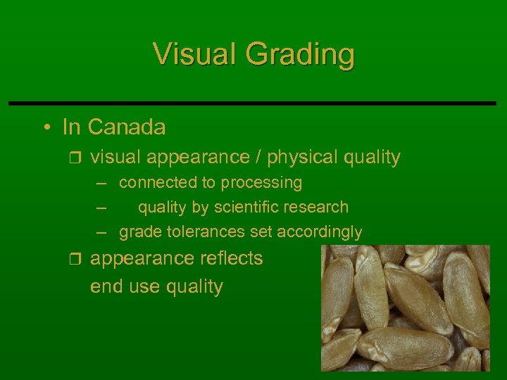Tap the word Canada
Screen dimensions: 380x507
coord(127,127)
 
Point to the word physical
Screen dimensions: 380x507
coord(302,158)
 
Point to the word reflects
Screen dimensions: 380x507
coord(230,258)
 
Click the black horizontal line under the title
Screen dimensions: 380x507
coord(253,103)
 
